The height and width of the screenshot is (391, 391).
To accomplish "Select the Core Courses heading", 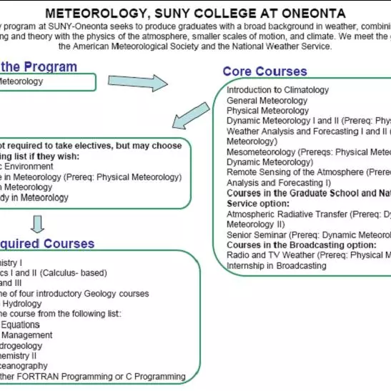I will tap(264, 71).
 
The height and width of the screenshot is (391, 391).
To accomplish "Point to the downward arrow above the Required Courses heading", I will tap(38, 224).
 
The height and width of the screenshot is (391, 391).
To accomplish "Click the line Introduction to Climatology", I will tap(277, 90).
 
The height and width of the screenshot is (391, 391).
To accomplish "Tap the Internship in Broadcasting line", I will tap(276, 265).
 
